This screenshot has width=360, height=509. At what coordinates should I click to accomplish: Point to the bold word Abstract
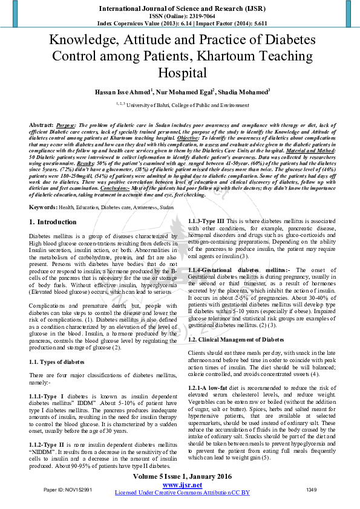tap(41, 124)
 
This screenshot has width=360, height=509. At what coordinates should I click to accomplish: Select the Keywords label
tap(44, 207)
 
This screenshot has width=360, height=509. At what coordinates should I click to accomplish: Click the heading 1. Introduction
tap(53, 222)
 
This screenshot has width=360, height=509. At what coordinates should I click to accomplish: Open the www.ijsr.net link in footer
tap(182, 485)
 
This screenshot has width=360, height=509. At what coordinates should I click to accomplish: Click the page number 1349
tap(312, 489)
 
